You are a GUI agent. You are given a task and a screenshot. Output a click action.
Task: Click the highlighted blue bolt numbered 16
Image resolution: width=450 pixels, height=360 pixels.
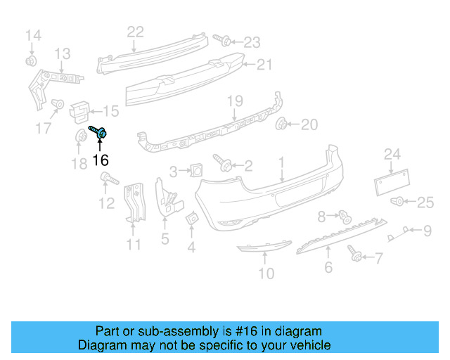point(99,131)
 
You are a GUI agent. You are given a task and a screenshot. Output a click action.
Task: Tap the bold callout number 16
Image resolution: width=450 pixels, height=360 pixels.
point(101,160)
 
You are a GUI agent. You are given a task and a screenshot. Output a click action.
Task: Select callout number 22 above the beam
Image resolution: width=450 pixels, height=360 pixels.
point(135,31)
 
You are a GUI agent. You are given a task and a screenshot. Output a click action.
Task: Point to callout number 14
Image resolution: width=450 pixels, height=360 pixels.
point(33,35)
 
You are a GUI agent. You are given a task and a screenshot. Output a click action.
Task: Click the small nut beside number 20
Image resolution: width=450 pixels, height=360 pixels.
point(283,125)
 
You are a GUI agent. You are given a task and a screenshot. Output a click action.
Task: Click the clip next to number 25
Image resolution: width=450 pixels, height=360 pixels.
point(397,202)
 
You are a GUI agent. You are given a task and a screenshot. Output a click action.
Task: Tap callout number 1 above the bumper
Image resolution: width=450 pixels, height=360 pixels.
point(281,163)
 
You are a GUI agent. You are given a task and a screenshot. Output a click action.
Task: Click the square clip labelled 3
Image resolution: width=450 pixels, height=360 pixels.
point(197,169)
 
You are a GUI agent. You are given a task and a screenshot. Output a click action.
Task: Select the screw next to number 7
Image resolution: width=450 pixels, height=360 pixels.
point(354,252)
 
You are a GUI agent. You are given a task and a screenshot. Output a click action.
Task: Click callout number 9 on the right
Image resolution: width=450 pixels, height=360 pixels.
point(427,230)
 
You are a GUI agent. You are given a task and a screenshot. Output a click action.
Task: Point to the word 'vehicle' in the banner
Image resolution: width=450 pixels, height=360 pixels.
point(309,345)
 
